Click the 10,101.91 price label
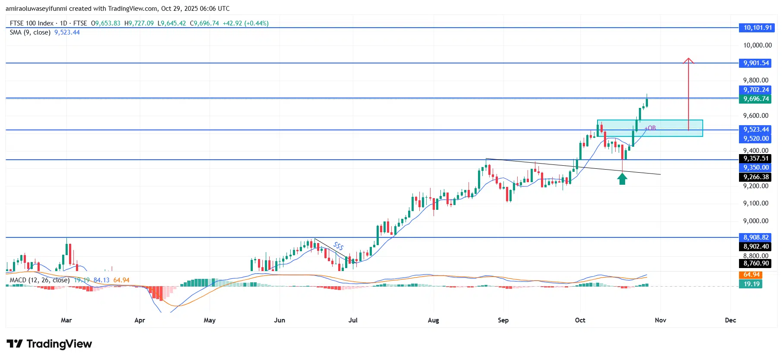pos(757,28)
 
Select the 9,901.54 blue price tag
pos(756,63)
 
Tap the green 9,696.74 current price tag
pos(756,99)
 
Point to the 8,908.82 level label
pos(756,237)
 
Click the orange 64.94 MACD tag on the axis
pos(751,275)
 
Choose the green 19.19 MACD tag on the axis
pos(751,284)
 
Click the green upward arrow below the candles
pos(622,179)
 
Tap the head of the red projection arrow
pos(689,60)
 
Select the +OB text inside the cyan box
pos(650,128)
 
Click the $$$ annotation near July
pos(339,246)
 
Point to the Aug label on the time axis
pos(433,320)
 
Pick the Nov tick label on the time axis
pos(660,320)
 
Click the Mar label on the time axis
pos(66,320)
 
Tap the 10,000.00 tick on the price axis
pos(757,45)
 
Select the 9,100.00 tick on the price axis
pos(755,203)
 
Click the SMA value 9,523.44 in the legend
pos(67,32)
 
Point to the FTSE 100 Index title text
pos(31,23)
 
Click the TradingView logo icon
pos(15,344)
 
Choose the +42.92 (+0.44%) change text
pos(245,23)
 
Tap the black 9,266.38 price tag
pos(756,177)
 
